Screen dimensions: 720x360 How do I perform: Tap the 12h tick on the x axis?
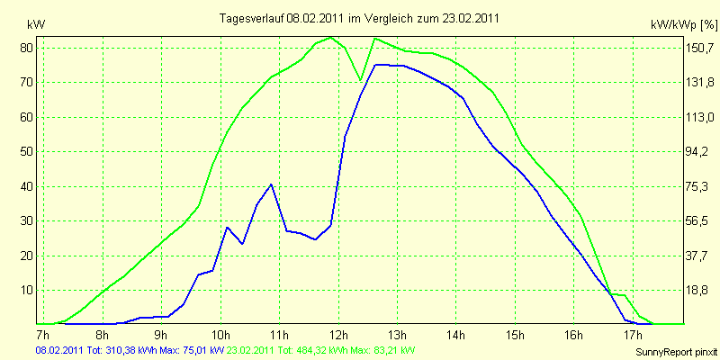[338, 333]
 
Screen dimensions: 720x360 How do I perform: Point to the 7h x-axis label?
[43, 333]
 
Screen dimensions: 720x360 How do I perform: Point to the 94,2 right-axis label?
[697, 152]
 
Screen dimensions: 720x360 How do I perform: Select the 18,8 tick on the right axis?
[697, 290]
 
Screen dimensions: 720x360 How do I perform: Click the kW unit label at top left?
[36, 25]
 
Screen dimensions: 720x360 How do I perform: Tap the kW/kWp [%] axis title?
[683, 25]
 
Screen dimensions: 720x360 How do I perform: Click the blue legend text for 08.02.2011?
[130, 350]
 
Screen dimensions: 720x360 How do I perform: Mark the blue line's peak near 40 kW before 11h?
[272, 184]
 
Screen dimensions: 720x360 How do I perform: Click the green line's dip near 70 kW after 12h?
[361, 80]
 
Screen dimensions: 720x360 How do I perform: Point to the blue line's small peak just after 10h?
[227, 227]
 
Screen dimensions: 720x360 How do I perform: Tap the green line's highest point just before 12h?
[330, 37]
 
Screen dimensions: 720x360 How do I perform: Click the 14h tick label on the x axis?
[456, 333]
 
